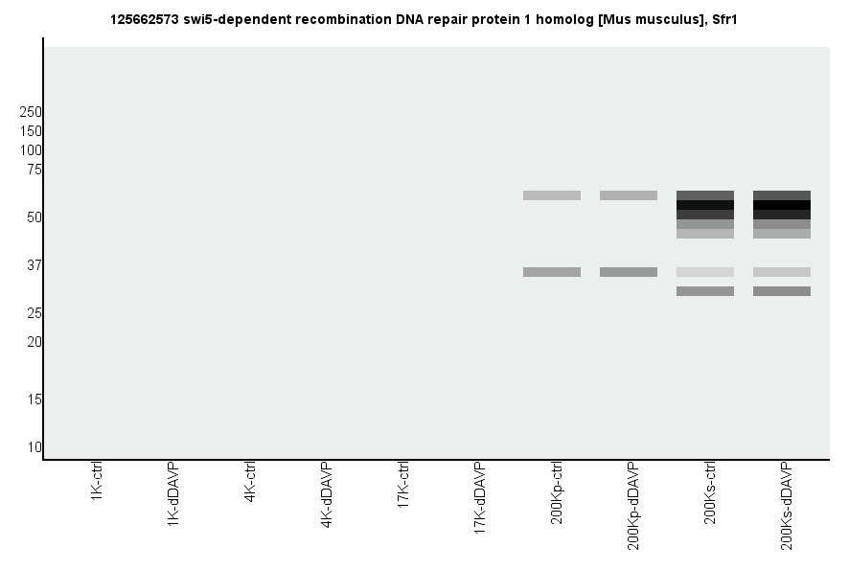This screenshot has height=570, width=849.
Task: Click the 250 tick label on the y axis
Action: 31,112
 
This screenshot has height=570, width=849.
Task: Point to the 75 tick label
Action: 34,170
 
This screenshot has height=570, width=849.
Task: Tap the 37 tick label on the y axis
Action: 34,265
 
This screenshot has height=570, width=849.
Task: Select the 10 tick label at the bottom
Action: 34,447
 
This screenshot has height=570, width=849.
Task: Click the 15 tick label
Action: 34,399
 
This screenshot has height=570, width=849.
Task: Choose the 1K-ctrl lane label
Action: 97,483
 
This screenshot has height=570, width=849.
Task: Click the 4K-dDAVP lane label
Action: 327,495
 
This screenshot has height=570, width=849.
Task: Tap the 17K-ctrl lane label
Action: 403,486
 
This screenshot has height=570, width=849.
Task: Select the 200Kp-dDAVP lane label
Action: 633,505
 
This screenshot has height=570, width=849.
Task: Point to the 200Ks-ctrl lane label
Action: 710,492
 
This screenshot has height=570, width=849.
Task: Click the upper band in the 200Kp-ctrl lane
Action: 552,195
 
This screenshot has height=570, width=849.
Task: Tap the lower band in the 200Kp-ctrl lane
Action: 552,272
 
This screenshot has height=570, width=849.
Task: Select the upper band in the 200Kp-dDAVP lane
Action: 629,195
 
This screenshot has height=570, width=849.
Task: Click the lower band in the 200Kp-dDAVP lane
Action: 629,272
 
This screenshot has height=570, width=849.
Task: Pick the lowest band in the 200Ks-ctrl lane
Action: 705,291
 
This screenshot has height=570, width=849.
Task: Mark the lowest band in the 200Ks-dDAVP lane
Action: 782,291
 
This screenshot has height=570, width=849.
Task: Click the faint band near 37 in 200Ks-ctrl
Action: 705,272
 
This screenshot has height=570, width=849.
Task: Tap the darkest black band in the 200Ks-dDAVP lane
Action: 782,205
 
